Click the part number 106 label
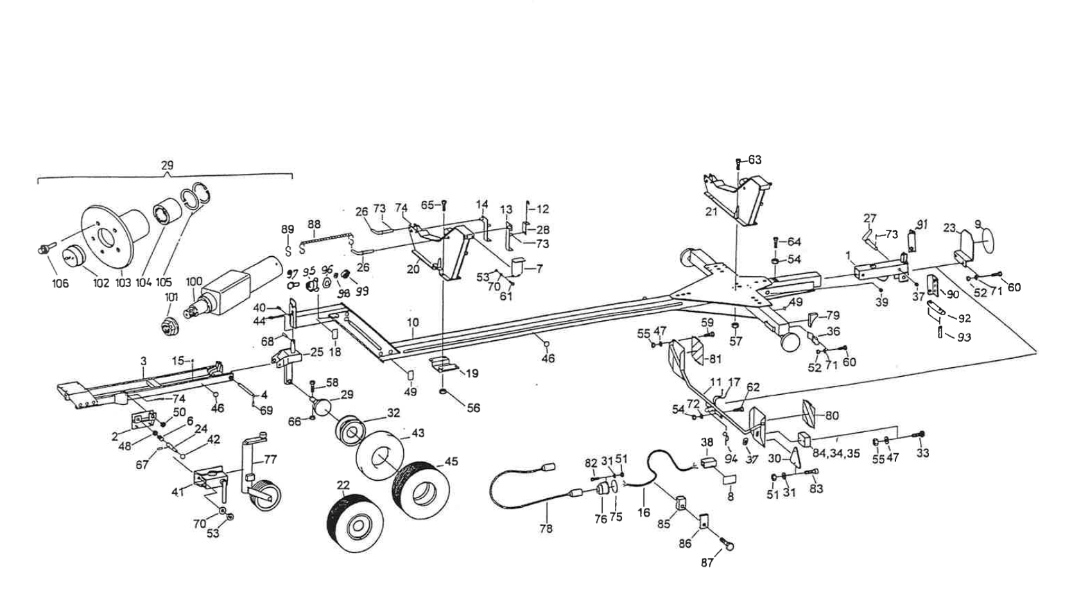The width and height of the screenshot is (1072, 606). point(60,283)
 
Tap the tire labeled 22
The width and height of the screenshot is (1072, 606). point(354,524)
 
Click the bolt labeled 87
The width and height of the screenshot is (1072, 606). point(728,546)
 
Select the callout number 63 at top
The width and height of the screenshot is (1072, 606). point(755,159)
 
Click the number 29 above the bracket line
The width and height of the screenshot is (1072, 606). point(166,166)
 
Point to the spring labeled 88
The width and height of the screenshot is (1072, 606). point(327,238)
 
